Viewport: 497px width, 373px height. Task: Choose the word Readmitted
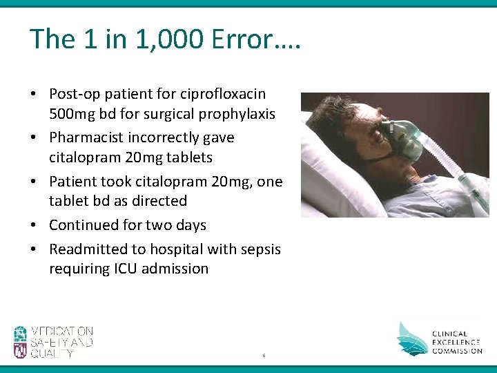coord(89,249)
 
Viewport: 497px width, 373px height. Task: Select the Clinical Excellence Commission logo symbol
coord(411,338)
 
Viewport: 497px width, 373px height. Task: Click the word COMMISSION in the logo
coord(458,351)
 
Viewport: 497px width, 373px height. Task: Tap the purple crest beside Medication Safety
coord(20,342)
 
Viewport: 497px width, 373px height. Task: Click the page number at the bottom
coord(263,356)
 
